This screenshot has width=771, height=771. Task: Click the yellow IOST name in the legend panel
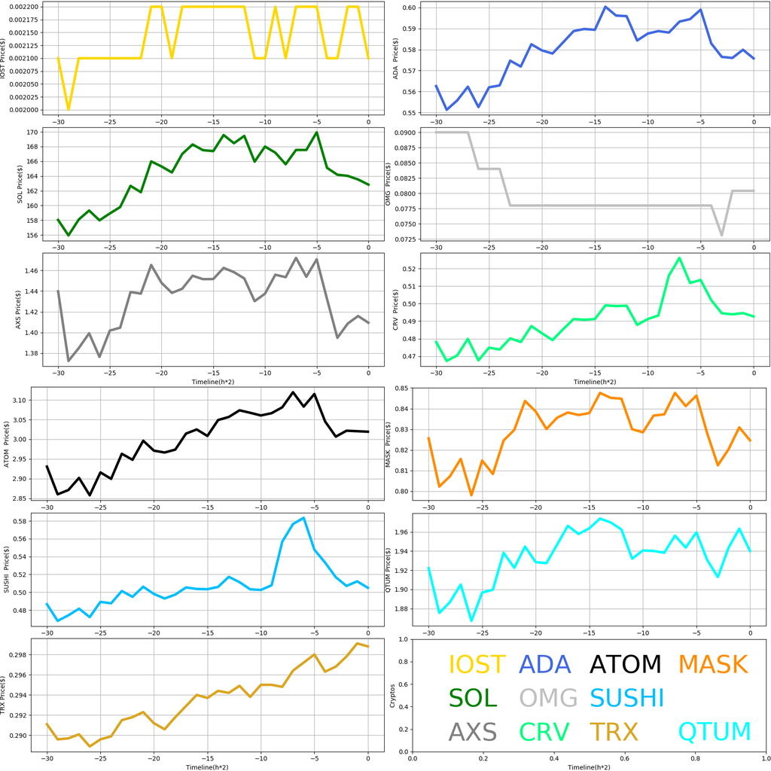click(477, 665)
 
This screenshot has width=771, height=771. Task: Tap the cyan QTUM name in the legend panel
click(715, 731)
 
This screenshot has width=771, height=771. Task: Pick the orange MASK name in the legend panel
click(712, 665)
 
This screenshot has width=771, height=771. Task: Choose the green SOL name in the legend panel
click(473, 698)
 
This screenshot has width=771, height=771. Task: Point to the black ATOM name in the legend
click(625, 665)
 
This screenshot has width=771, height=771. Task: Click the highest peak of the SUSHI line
click(303, 517)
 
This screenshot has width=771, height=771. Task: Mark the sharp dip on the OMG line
click(721, 236)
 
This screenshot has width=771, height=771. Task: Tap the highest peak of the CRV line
click(679, 258)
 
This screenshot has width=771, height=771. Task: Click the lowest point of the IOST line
click(69, 109)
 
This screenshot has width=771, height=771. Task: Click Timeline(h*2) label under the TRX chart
click(207, 766)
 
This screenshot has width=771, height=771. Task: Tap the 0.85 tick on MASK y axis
click(401, 389)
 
